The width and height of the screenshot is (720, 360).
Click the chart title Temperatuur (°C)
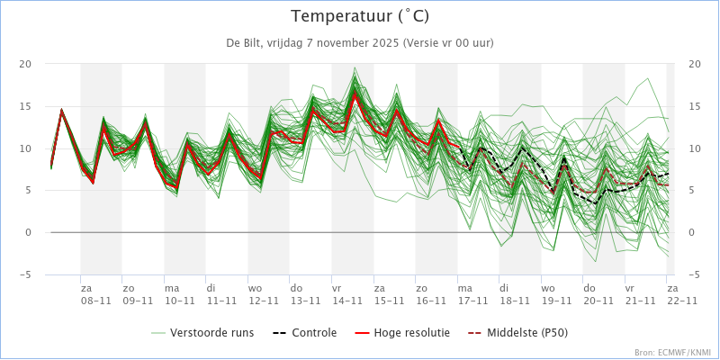360,16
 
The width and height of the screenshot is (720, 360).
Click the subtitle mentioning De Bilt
360,43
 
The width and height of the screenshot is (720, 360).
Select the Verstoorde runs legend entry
202,332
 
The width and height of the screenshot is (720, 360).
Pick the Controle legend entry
304,332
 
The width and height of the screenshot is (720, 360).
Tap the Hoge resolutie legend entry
402,332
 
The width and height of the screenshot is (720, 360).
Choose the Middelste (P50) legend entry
518,332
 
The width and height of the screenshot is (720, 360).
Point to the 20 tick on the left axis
25,64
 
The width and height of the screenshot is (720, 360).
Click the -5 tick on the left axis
25,274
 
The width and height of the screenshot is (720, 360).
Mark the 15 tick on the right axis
694,106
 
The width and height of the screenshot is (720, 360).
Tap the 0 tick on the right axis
691,233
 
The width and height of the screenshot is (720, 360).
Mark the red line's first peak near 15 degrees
61,109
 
